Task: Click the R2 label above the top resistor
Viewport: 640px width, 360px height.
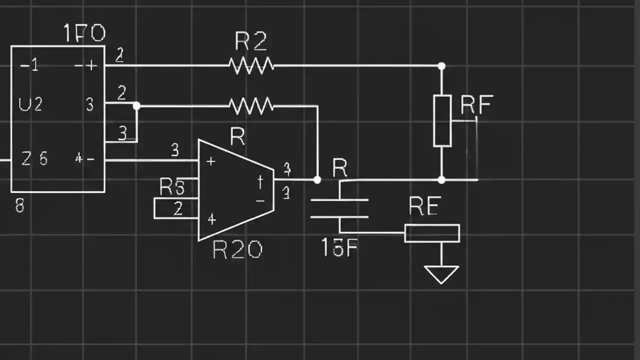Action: [250, 42]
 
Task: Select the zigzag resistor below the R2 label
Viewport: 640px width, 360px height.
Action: [251, 65]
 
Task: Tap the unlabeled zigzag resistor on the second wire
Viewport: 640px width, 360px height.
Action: [251, 105]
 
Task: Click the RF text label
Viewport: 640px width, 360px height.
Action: [476, 105]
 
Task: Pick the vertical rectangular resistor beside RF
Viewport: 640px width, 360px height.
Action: [442, 120]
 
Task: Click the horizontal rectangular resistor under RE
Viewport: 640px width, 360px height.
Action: [432, 233]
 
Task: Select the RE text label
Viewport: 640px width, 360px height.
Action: [424, 206]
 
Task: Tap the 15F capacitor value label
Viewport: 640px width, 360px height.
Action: [339, 247]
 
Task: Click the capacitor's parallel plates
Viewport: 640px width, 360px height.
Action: [339, 208]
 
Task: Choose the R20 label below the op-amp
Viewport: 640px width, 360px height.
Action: [237, 249]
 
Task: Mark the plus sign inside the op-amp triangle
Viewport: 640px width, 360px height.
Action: [210, 161]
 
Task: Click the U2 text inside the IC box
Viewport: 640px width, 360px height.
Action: [30, 104]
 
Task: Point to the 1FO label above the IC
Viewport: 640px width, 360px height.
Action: [84, 33]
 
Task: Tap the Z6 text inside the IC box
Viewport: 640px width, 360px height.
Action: [34, 159]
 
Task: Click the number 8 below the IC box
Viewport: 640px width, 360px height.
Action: [19, 205]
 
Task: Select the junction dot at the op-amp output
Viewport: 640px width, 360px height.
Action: [317, 179]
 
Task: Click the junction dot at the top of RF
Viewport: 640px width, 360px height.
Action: [441, 66]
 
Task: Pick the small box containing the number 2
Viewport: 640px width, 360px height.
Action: [176, 208]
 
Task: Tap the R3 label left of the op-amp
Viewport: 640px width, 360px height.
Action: [172, 187]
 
